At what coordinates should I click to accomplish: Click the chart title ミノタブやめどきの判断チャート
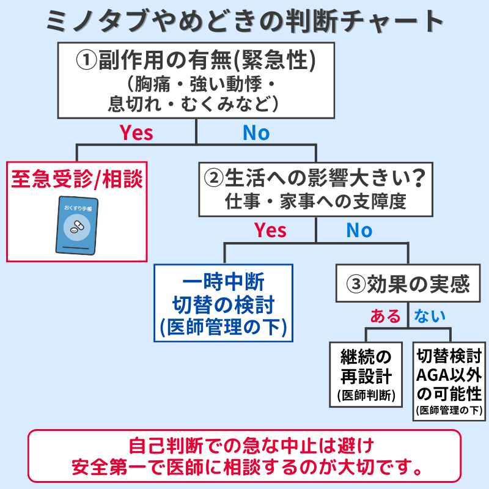coord(244,22)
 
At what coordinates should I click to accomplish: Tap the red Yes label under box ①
coord(136,133)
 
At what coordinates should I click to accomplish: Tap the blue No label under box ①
coord(256,133)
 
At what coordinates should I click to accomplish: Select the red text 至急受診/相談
coord(77,179)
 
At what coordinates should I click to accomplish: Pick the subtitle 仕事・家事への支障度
coord(315,202)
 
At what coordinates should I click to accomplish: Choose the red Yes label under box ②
coord(270,230)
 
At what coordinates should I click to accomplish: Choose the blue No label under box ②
coord(359,230)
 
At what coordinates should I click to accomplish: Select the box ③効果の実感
coord(408,284)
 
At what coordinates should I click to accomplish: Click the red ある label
coord(386,316)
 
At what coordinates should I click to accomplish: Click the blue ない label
coord(430,316)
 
